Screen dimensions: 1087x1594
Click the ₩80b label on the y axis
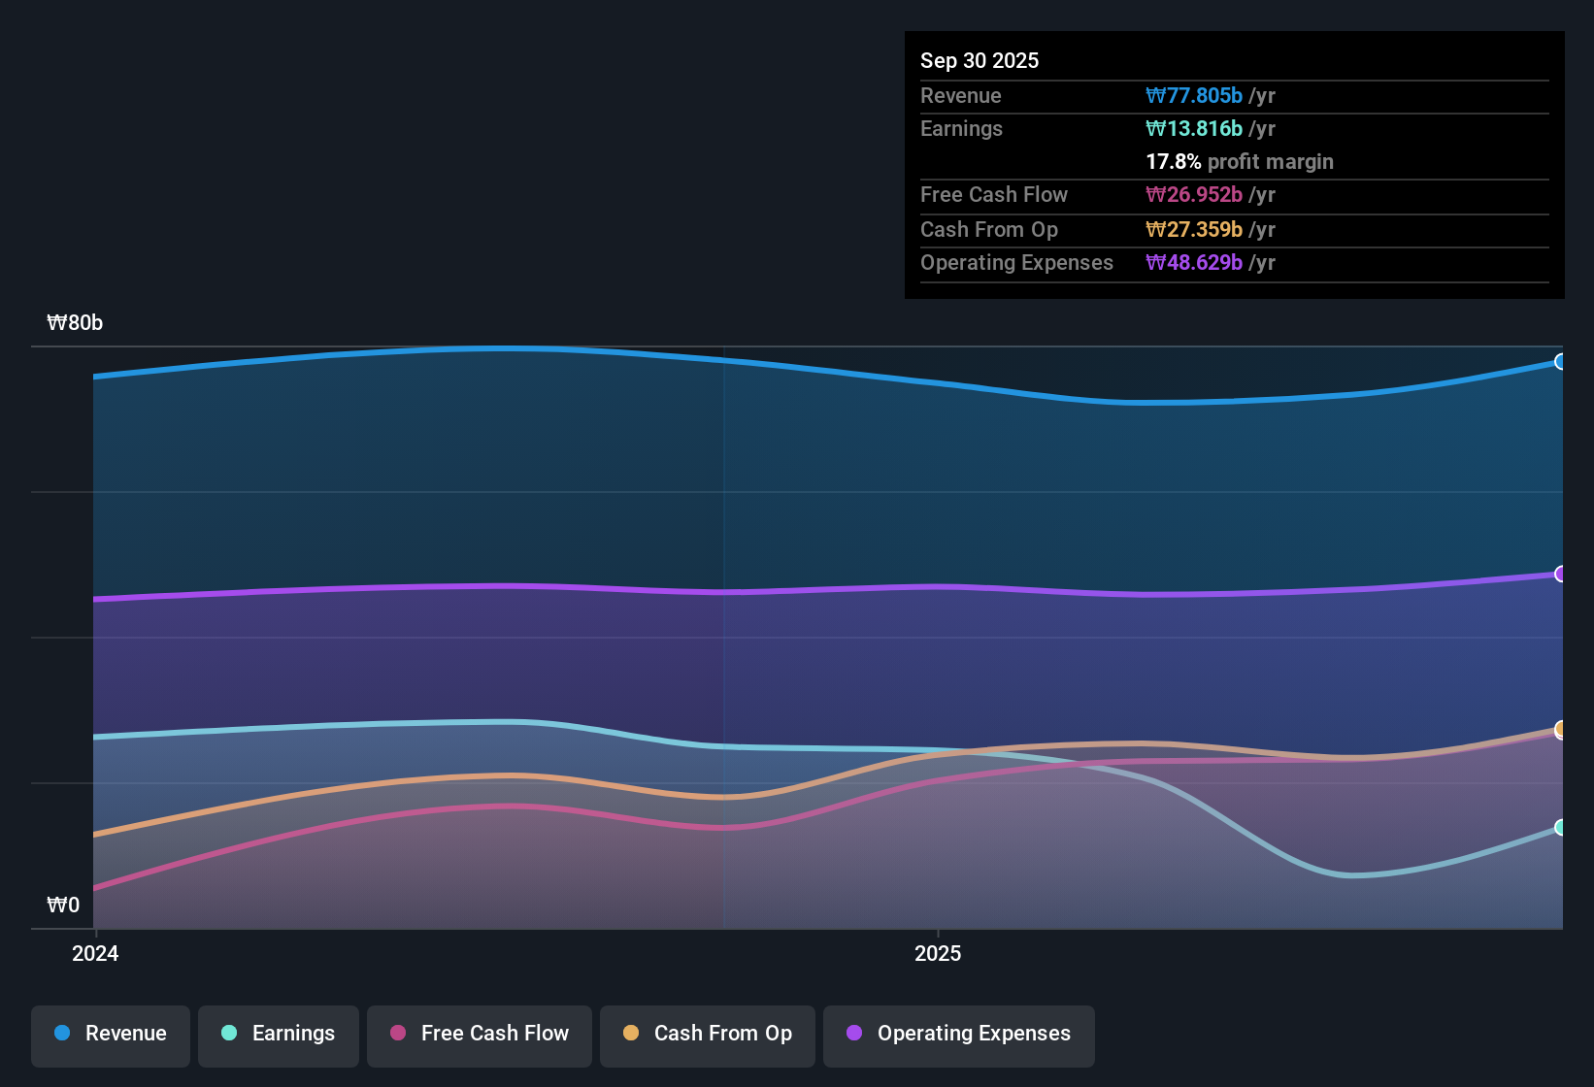click(x=75, y=323)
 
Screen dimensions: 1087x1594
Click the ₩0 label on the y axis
click(x=63, y=906)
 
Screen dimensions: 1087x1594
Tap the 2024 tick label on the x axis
click(x=95, y=953)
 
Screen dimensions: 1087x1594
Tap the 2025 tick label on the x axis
click(x=938, y=953)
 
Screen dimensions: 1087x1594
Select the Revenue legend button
click(x=111, y=1033)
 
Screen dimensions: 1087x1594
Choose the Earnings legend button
click(x=279, y=1033)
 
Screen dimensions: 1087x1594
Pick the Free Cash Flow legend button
click(x=480, y=1033)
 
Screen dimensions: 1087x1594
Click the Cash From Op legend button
click(x=708, y=1033)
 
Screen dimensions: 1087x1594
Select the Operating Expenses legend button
click(x=959, y=1033)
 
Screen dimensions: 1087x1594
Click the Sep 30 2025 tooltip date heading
click(x=980, y=60)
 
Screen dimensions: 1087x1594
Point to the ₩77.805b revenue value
click(x=1194, y=95)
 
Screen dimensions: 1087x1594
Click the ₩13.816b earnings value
click(x=1194, y=128)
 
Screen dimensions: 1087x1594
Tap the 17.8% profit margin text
click(x=1240, y=161)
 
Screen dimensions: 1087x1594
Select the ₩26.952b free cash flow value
click(x=1194, y=194)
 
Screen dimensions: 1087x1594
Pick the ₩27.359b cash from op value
click(x=1194, y=229)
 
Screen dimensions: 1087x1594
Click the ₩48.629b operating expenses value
click(x=1194, y=262)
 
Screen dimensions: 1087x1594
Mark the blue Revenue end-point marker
click(x=1560, y=362)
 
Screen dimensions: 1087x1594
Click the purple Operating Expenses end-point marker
click(x=1560, y=574)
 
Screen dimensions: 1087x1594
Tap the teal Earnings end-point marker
click(x=1560, y=827)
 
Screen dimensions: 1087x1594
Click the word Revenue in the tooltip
click(x=960, y=95)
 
